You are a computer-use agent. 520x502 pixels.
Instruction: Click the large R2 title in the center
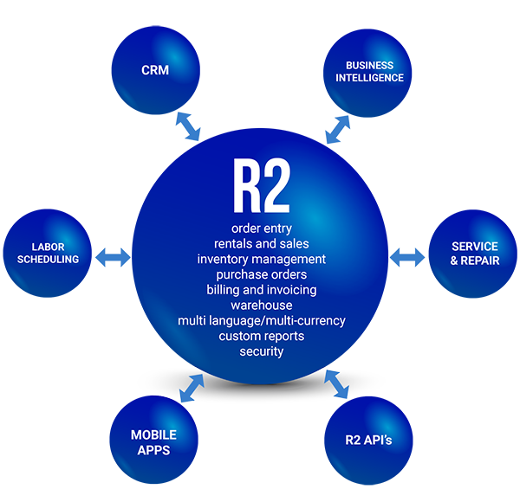(261, 185)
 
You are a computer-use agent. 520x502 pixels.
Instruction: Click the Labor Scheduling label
(49, 253)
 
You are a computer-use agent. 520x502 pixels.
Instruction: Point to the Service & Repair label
(475, 253)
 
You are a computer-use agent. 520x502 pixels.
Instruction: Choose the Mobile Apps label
(153, 442)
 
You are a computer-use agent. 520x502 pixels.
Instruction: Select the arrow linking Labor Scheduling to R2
(113, 257)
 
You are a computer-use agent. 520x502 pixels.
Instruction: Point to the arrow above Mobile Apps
(192, 389)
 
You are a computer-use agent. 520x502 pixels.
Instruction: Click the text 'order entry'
(261, 228)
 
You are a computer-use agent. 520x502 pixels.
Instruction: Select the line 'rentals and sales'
(261, 243)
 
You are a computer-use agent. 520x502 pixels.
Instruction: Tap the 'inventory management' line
(261, 259)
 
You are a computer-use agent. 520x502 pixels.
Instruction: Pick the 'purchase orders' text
(261, 274)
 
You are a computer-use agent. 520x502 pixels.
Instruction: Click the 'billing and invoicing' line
(261, 290)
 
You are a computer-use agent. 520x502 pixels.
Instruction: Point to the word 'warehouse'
(261, 306)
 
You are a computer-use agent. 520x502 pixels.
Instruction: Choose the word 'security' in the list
(261, 351)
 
